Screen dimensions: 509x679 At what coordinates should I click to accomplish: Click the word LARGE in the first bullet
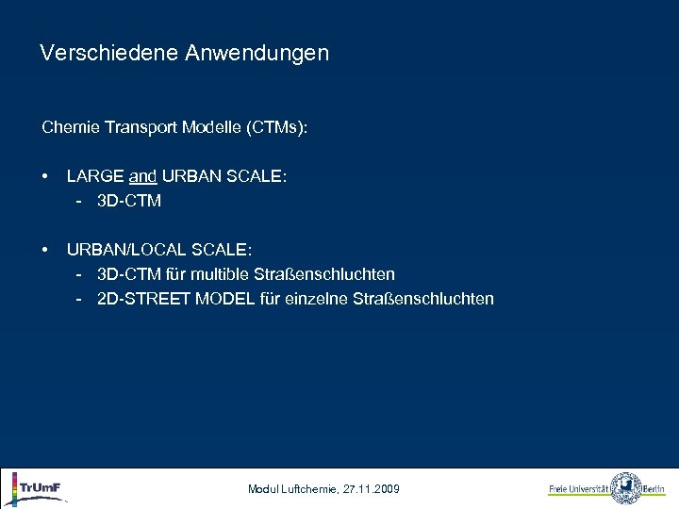pos(94,176)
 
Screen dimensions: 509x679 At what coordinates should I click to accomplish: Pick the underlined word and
pos(142,176)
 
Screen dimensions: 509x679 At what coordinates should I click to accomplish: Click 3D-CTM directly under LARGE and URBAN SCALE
pos(129,201)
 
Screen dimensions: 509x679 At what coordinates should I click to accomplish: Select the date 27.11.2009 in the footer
pos(374,489)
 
